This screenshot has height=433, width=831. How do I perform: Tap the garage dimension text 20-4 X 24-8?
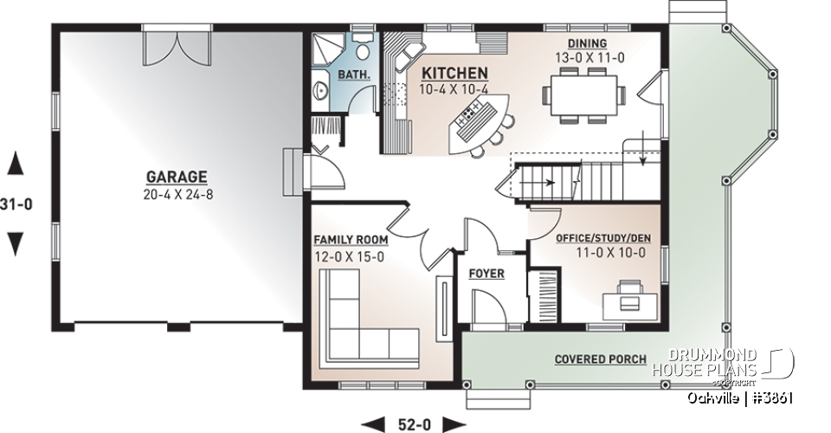pos(177,194)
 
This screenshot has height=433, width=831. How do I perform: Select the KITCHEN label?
pos(454,74)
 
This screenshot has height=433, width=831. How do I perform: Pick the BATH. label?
pos(354,74)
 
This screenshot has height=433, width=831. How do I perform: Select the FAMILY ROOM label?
pos(351,239)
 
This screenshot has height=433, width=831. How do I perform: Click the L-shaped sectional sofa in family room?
pos(364,320)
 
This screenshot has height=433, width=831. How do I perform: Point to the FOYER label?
pos(486,274)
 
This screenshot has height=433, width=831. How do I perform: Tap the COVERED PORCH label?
pos(601,359)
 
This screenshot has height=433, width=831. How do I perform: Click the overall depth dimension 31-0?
pos(16,205)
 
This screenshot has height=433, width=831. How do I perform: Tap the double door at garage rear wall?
pos(177,48)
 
